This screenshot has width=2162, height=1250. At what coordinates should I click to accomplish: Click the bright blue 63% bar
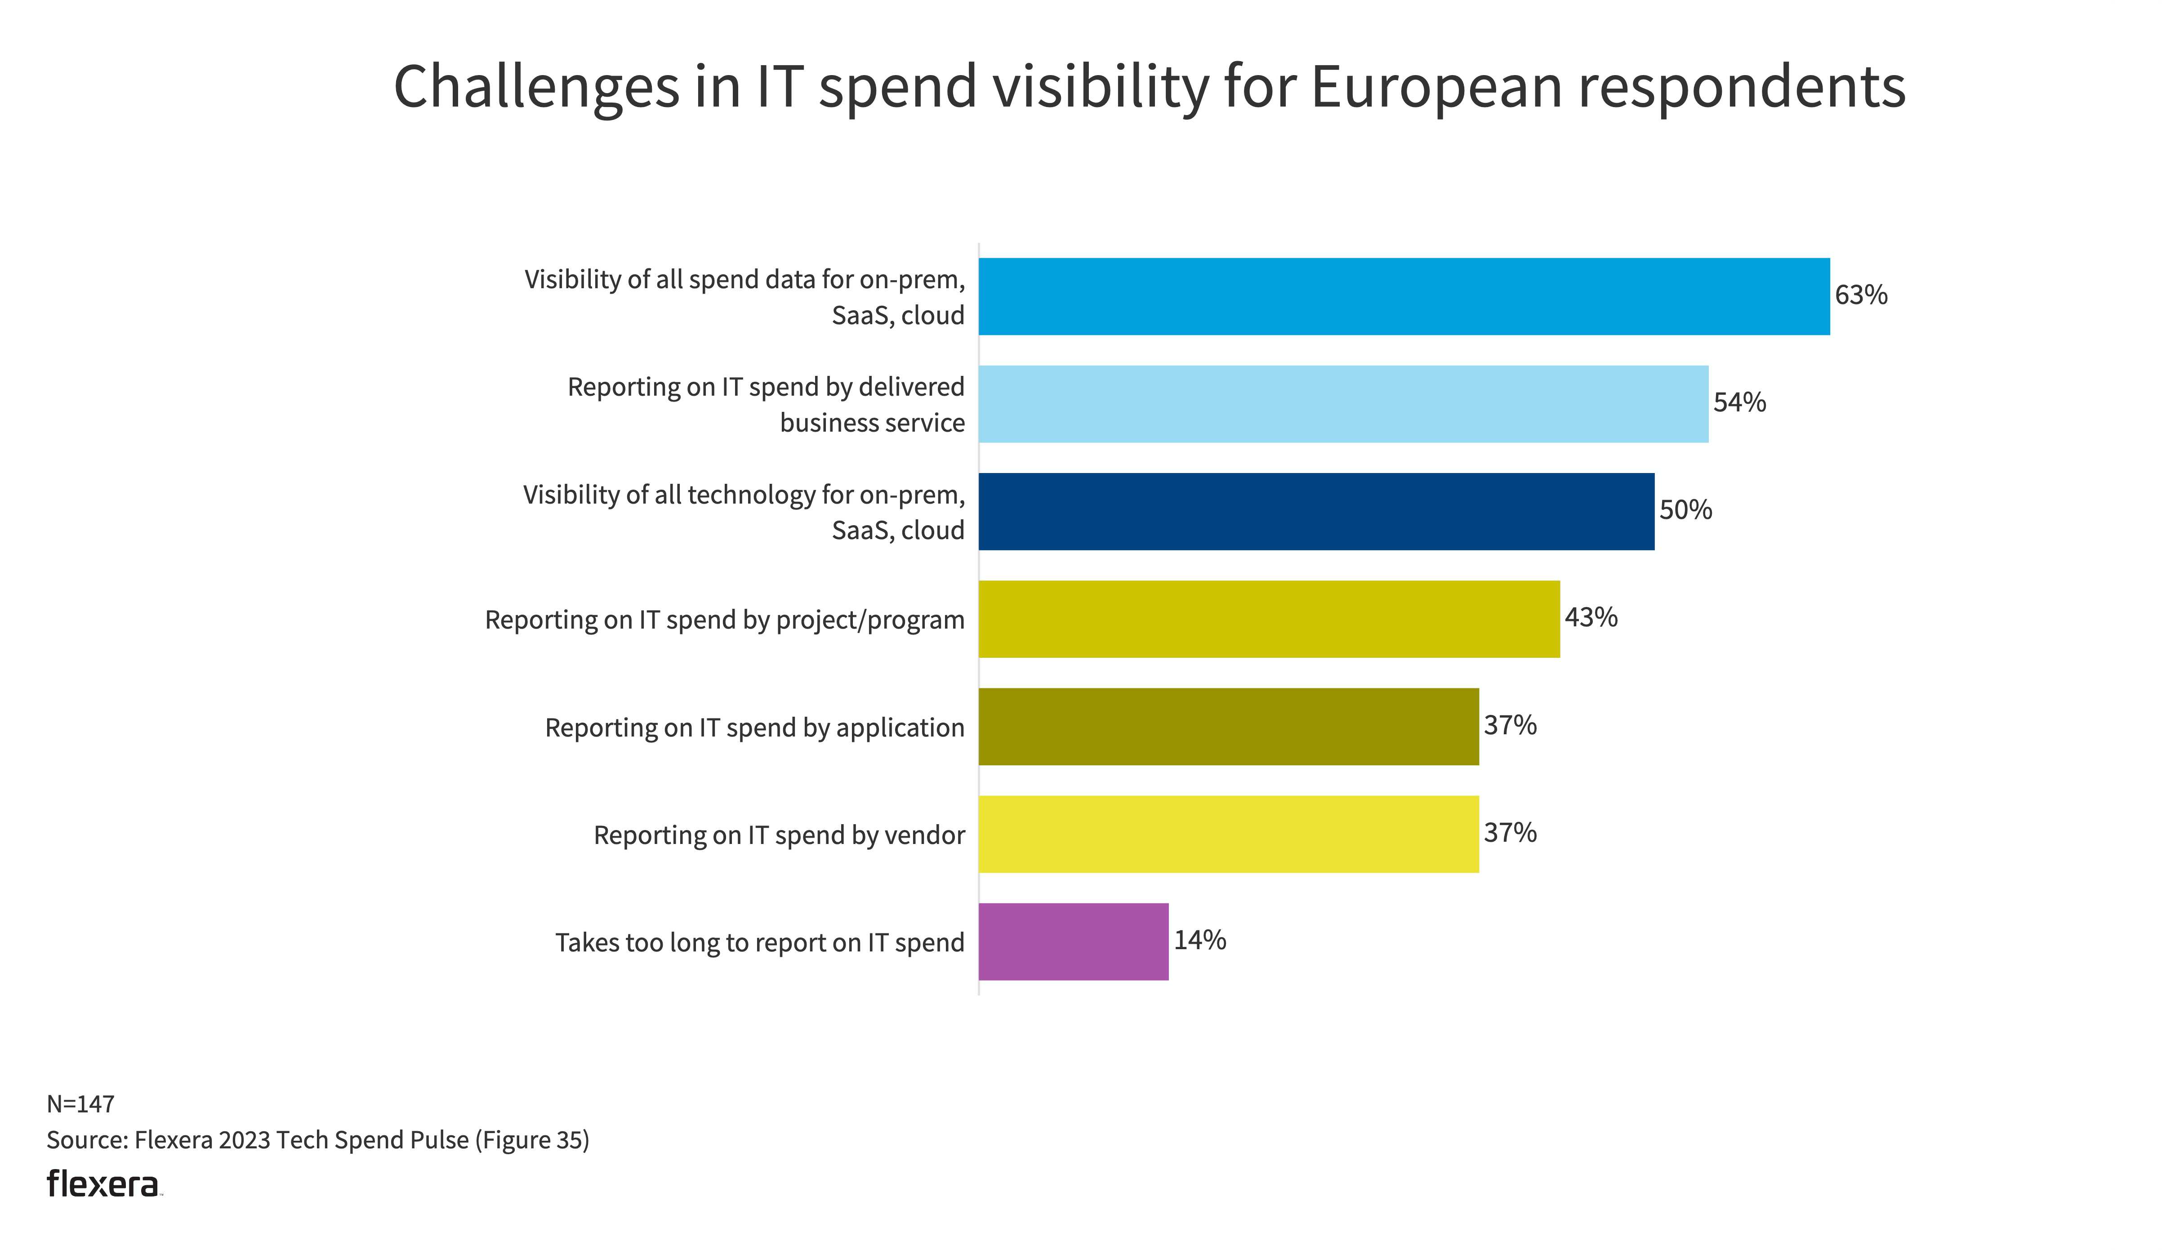[x=1404, y=296]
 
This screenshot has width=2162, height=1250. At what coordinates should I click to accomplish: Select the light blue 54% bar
[x=1343, y=404]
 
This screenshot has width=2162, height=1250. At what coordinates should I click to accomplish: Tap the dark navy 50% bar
[x=1316, y=511]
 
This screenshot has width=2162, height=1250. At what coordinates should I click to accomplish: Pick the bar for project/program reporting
[x=1269, y=619]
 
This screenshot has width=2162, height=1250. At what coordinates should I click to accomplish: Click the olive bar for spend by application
[x=1229, y=727]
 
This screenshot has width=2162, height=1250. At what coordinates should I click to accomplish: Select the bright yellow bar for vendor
[x=1229, y=834]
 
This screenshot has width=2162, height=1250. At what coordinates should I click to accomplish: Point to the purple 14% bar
[x=1073, y=941]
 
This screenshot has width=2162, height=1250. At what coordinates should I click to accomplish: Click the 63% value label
[x=1861, y=295]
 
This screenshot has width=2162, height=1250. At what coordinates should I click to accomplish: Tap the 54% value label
[x=1739, y=402]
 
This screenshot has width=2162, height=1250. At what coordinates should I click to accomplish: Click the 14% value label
[x=1199, y=940]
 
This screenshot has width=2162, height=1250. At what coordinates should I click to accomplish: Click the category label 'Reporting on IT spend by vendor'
[x=779, y=835]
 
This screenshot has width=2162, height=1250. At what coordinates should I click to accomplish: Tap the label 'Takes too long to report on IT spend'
[x=759, y=942]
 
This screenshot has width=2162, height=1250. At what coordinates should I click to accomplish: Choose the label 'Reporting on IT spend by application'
[x=754, y=728]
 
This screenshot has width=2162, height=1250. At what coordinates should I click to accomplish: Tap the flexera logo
[x=103, y=1184]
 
